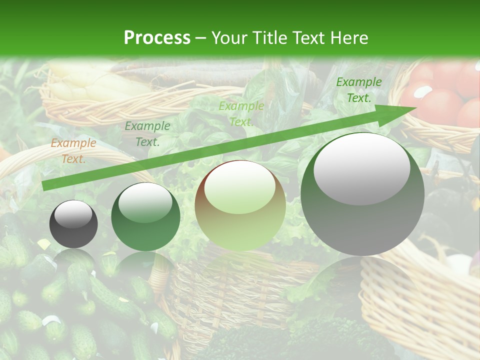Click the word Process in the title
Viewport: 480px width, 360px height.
[157, 38]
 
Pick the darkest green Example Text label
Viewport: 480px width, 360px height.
[358, 90]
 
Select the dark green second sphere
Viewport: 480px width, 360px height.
[145, 217]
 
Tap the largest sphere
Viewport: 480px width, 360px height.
[362, 194]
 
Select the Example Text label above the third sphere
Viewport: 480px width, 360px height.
[241, 114]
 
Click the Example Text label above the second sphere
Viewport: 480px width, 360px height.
[147, 134]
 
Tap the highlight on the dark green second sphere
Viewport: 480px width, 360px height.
[145, 203]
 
